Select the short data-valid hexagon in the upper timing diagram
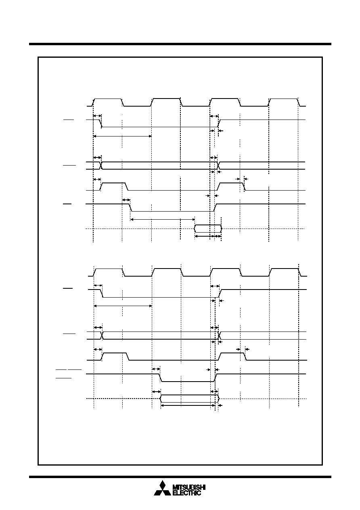208,229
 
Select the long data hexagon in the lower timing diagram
190,399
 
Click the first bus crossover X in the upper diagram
101,166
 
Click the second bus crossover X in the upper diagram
219,166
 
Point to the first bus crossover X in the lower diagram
102,336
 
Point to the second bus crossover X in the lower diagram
220,336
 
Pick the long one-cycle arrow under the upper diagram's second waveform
122,136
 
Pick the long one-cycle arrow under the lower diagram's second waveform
123,306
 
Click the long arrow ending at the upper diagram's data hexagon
163,220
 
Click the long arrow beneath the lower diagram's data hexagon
188,405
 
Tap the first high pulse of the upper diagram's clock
108,99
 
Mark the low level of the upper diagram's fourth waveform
172,212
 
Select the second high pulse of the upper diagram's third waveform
230,183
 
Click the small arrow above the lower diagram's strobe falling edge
156,369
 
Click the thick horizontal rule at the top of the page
180,44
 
